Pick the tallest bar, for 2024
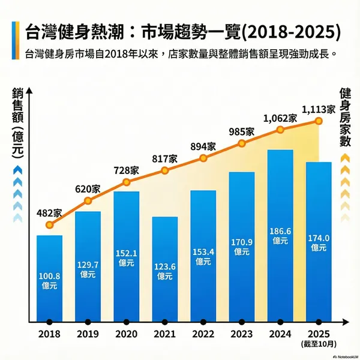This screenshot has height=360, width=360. tap(280, 234)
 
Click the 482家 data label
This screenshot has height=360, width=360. tap(49, 212)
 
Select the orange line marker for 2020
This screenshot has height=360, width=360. tap(126, 182)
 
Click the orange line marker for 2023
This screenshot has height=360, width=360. tap(242, 143)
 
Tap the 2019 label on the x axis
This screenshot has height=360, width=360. tap(88, 334)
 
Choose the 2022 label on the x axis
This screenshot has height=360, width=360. tap(203, 334)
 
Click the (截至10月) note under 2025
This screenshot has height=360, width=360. tap(319, 344)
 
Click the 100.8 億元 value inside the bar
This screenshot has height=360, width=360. tap(49, 281)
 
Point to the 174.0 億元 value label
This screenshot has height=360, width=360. tap(319, 242)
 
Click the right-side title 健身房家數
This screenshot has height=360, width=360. tap(345, 117)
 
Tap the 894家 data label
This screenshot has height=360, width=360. tap(203, 146)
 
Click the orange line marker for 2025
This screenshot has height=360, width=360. tap(319, 121)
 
